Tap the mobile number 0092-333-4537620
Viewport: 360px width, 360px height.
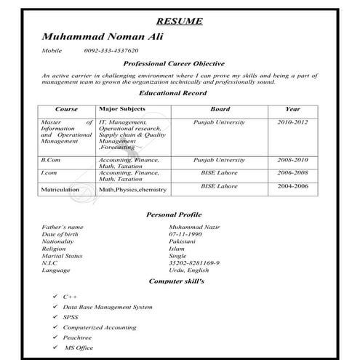[x=111, y=51]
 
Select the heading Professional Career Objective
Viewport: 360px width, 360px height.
[x=174, y=64]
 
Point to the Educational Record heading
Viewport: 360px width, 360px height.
[x=172, y=93]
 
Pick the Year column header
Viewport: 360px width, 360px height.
[x=292, y=109]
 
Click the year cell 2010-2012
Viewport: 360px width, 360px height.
[x=292, y=123]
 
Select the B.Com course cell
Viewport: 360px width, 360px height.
[x=51, y=159]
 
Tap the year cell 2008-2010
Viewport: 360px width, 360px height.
[x=292, y=159]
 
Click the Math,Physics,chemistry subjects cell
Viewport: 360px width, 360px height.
[x=133, y=189]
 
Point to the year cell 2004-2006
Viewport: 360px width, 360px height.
[x=292, y=186]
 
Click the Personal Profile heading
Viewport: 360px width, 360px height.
[x=174, y=215]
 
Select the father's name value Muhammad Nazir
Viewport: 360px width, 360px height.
[x=194, y=228]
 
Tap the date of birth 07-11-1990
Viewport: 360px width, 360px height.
[x=185, y=235]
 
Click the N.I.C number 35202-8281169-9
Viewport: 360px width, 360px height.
[x=193, y=263]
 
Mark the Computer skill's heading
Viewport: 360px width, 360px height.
[x=177, y=280]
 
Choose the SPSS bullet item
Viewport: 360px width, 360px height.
[x=71, y=317]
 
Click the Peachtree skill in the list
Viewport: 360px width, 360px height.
[x=77, y=337]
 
